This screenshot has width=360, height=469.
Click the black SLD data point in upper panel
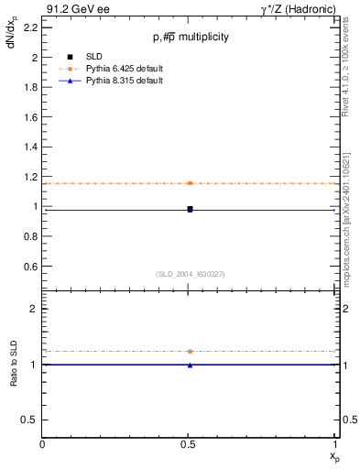pos(190,209)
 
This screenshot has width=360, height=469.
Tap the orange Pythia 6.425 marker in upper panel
pos(190,183)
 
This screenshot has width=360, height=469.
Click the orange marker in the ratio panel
pos(190,351)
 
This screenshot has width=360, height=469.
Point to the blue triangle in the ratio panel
pos(190,365)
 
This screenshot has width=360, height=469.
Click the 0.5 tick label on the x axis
pos(190,444)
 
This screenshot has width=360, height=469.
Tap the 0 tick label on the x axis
pos(43,444)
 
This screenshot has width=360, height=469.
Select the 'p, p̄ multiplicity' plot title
pos(191,37)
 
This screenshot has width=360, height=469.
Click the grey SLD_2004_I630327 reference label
pos(191,274)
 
